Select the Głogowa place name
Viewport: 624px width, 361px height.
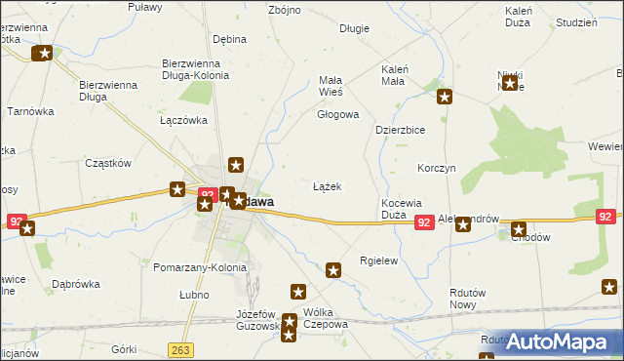337,114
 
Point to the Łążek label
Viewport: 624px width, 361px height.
327,185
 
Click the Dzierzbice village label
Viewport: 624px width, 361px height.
401,129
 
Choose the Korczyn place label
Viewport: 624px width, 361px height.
436,168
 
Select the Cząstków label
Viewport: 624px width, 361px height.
108,163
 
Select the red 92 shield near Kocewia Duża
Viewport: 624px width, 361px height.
423,223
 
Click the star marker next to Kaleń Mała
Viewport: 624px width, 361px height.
445,96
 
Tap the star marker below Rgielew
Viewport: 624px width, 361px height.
333,270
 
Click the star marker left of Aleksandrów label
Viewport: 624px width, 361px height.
463,224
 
